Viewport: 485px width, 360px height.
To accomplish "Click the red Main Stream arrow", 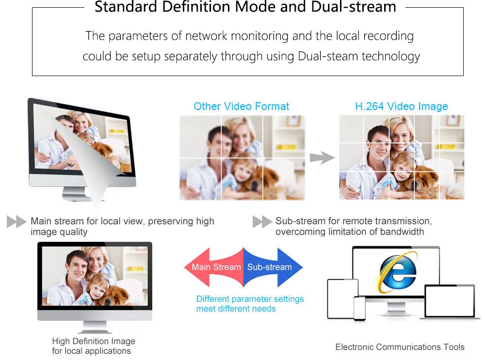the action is click(214, 267).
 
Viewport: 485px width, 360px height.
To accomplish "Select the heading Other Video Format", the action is click(241, 106).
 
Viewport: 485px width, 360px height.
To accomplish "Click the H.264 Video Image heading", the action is click(402, 106).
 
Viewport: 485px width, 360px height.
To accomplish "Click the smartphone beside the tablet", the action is click(359, 308).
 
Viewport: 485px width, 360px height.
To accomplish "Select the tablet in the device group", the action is click(342, 298).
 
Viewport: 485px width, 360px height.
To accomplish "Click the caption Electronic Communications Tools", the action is click(400, 347).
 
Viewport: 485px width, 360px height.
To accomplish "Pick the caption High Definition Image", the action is click(94, 341).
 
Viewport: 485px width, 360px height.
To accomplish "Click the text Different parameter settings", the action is click(250, 299).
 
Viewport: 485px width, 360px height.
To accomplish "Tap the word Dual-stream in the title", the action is click(354, 6).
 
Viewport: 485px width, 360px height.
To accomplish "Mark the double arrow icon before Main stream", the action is click(16, 221).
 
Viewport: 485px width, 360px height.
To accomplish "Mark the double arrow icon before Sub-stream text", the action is click(262, 221).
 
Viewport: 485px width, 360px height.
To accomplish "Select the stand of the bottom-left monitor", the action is click(95, 327).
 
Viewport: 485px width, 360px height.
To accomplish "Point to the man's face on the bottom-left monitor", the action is click(77, 266).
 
